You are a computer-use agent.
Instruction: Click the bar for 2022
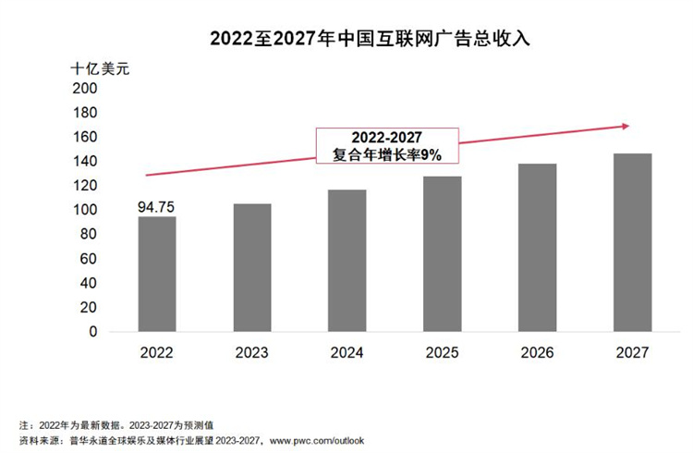coord(157,274)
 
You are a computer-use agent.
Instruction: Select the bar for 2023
coord(252,267)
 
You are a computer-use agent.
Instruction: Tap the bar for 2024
coord(347,261)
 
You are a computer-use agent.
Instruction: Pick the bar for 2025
coord(443,253)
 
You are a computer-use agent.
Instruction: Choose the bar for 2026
coord(538,248)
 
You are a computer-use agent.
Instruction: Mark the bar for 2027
coord(633,242)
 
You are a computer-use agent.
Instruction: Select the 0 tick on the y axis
coord(91,331)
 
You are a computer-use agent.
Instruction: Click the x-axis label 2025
coord(443,352)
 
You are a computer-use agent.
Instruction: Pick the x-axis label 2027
coord(633,352)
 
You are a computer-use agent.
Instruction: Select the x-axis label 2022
coord(157,352)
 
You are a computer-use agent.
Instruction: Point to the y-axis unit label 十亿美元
coord(102,69)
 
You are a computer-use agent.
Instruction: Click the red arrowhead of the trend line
coord(625,126)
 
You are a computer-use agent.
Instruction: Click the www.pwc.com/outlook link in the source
coord(318,440)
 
